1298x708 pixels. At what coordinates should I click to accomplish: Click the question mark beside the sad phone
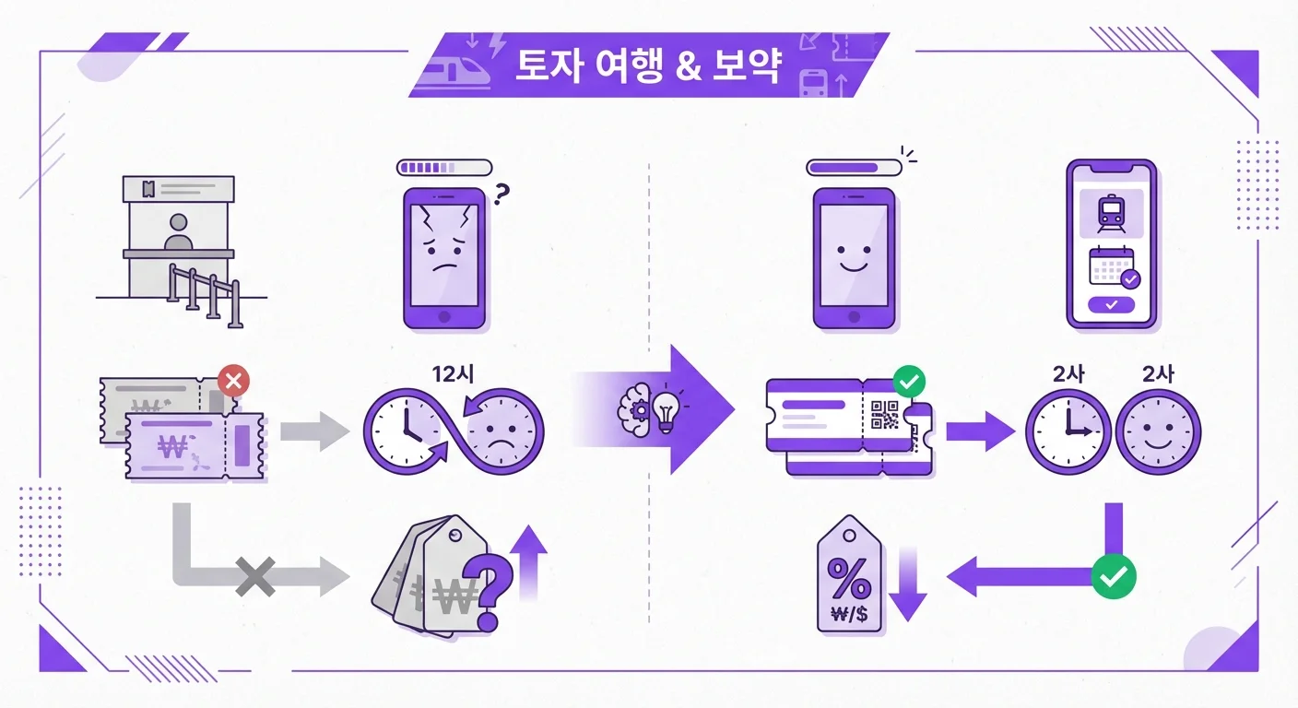click(501, 195)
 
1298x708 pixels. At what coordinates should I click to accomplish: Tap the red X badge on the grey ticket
click(233, 380)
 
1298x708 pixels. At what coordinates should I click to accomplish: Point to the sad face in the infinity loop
click(502, 430)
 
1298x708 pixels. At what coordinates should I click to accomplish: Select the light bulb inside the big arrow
click(667, 407)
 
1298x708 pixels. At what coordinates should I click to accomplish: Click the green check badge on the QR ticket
click(910, 380)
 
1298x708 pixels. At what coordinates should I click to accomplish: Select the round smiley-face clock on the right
click(1158, 431)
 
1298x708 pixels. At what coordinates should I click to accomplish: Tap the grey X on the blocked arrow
click(255, 578)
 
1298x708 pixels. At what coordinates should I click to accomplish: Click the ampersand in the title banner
click(688, 70)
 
